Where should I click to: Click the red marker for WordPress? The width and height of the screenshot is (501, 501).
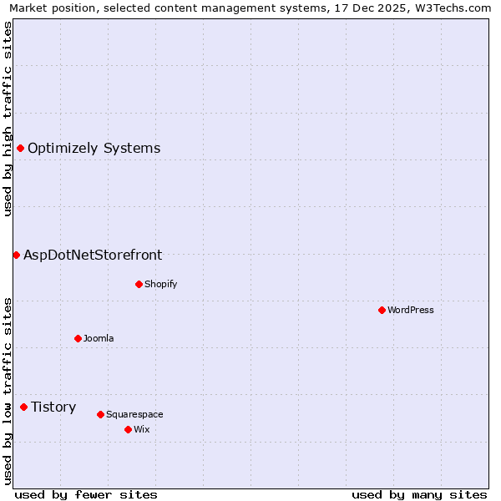pyautogui.click(x=382, y=310)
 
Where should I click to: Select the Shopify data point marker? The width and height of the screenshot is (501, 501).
pyautogui.click(x=139, y=284)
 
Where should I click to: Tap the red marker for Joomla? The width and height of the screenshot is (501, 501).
pyautogui.click(x=78, y=338)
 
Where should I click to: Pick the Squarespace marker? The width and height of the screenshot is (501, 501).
pyautogui.click(x=100, y=414)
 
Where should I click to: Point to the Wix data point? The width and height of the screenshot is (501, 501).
pyautogui.click(x=128, y=429)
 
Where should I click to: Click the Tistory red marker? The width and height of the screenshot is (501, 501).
pyautogui.click(x=23, y=407)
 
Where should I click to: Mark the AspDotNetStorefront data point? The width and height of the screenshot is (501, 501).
pyautogui.click(x=16, y=255)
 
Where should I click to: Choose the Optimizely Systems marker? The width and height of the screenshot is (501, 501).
pyautogui.click(x=20, y=148)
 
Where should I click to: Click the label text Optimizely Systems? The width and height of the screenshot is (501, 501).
pyautogui.click(x=94, y=149)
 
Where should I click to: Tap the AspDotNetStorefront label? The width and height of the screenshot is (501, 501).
pyautogui.click(x=93, y=255)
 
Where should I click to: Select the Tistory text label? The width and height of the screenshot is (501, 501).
pyautogui.click(x=53, y=407)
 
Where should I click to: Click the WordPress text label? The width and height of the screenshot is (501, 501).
pyautogui.click(x=410, y=310)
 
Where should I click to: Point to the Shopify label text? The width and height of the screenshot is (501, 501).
pyautogui.click(x=160, y=284)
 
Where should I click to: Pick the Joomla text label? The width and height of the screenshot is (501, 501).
pyautogui.click(x=99, y=338)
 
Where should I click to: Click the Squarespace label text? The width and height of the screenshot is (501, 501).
pyautogui.click(x=134, y=414)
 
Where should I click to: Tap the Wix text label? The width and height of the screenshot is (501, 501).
pyautogui.click(x=141, y=429)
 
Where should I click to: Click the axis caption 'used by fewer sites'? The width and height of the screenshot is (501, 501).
pyautogui.click(x=86, y=494)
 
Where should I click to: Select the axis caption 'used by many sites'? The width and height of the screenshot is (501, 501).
pyautogui.click(x=419, y=494)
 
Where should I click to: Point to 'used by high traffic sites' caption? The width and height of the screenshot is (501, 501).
pyautogui.click(x=8, y=119)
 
